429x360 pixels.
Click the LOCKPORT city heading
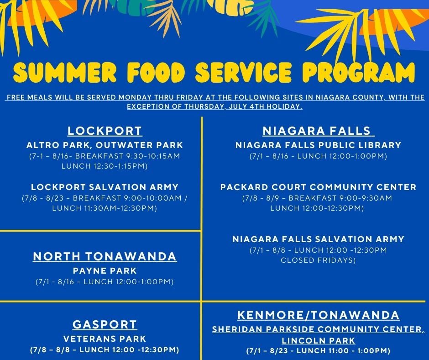tap(105, 131)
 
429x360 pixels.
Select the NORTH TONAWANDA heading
tap(105, 256)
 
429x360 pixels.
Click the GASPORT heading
tap(105, 325)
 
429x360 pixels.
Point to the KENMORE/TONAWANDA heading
tap(318, 315)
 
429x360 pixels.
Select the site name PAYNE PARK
tap(105, 270)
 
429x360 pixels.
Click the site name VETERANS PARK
tap(105, 339)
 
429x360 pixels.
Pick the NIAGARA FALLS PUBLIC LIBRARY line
tap(318, 145)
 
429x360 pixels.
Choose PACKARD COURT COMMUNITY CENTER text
tap(318, 187)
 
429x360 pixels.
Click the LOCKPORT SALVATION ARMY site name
tap(105, 187)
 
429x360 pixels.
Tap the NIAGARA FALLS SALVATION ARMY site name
tap(318, 239)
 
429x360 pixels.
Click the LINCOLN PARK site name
tap(318, 340)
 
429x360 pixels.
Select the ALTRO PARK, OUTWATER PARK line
tap(105, 145)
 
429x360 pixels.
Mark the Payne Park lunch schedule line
tap(105, 282)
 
